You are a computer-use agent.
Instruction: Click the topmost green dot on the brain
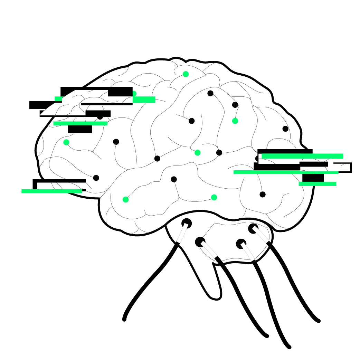(186, 74)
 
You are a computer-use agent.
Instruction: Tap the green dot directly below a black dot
(235, 121)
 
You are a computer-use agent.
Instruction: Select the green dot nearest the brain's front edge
(66, 142)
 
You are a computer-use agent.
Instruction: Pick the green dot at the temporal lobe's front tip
(125, 199)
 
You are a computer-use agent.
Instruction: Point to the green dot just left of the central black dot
(197, 152)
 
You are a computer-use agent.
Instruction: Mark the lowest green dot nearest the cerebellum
(214, 197)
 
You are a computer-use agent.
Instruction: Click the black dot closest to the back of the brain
(285, 129)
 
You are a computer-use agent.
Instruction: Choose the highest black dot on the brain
(210, 93)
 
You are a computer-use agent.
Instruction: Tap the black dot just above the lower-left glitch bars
(96, 178)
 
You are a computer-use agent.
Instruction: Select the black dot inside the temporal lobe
(174, 179)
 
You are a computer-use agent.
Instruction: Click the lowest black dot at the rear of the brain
(263, 194)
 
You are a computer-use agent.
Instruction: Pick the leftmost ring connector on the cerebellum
(187, 223)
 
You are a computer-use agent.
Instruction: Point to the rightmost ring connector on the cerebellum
(253, 228)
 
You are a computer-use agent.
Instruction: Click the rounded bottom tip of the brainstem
(215, 296)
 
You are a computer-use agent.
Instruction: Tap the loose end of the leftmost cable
(124, 319)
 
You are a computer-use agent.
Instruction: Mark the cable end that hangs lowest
(289, 347)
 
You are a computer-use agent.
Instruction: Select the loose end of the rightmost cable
(316, 320)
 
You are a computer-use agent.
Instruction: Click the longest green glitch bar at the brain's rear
(286, 172)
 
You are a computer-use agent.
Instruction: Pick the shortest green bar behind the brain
(318, 184)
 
